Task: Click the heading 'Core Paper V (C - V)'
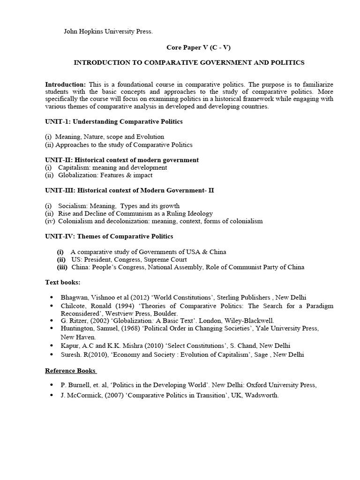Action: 199,47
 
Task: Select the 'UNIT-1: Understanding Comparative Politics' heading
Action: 114,121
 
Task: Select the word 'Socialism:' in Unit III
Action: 74,206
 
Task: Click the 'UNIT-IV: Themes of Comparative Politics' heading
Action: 109,236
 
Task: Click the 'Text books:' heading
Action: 63,282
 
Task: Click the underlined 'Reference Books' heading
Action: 70,370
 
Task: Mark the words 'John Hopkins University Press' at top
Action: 108,32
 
